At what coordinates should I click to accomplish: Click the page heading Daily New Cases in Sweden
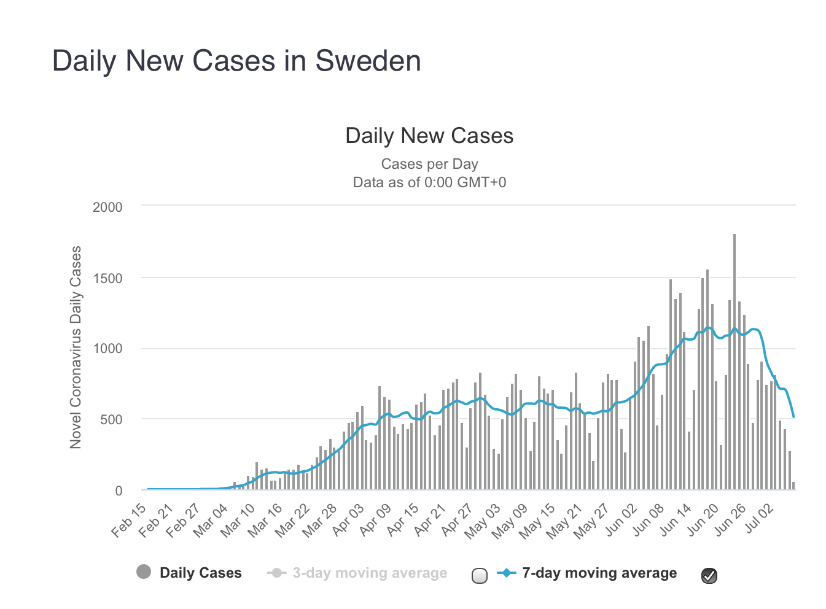[236, 61]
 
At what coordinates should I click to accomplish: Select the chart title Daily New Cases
[429, 136]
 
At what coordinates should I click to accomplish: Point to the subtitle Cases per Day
[429, 164]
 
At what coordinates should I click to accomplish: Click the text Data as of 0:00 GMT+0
[429, 182]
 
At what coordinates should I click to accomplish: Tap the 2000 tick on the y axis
[107, 208]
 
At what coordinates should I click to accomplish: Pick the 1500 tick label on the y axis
[107, 278]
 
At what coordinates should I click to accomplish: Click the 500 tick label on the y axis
[111, 420]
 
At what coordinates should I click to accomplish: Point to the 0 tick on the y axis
[119, 491]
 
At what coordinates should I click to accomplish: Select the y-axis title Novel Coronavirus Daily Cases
[76, 347]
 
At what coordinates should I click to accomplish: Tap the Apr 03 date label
[349, 519]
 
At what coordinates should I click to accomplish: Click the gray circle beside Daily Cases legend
[144, 572]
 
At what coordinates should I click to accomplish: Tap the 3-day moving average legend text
[370, 573]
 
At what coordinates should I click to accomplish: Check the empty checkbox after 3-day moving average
[480, 575]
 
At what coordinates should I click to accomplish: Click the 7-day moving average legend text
[599, 573]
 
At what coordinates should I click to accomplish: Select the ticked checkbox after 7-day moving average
[709, 575]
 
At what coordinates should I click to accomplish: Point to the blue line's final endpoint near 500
[793, 417]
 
